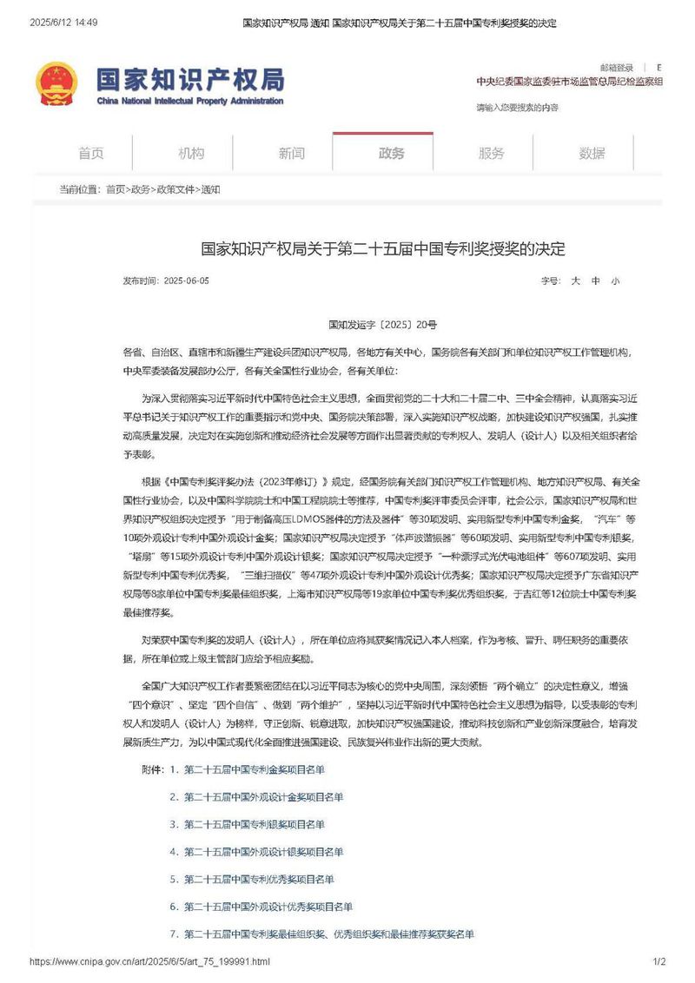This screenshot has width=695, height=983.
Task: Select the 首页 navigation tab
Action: click(x=91, y=154)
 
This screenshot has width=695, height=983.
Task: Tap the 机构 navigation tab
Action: click(x=191, y=154)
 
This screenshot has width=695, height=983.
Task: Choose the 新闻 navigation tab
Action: click(x=292, y=154)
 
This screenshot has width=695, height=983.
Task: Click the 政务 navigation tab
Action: click(x=392, y=154)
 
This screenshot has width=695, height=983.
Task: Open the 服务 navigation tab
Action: click(x=492, y=154)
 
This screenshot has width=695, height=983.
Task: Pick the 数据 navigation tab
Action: click(x=592, y=154)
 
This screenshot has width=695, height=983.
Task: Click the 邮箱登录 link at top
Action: click(x=617, y=68)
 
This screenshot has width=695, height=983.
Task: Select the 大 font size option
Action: click(x=575, y=281)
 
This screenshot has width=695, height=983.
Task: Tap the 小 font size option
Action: click(x=615, y=281)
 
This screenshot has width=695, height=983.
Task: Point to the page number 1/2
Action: click(x=659, y=961)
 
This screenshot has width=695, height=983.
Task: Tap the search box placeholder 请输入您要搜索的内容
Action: click(x=518, y=108)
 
